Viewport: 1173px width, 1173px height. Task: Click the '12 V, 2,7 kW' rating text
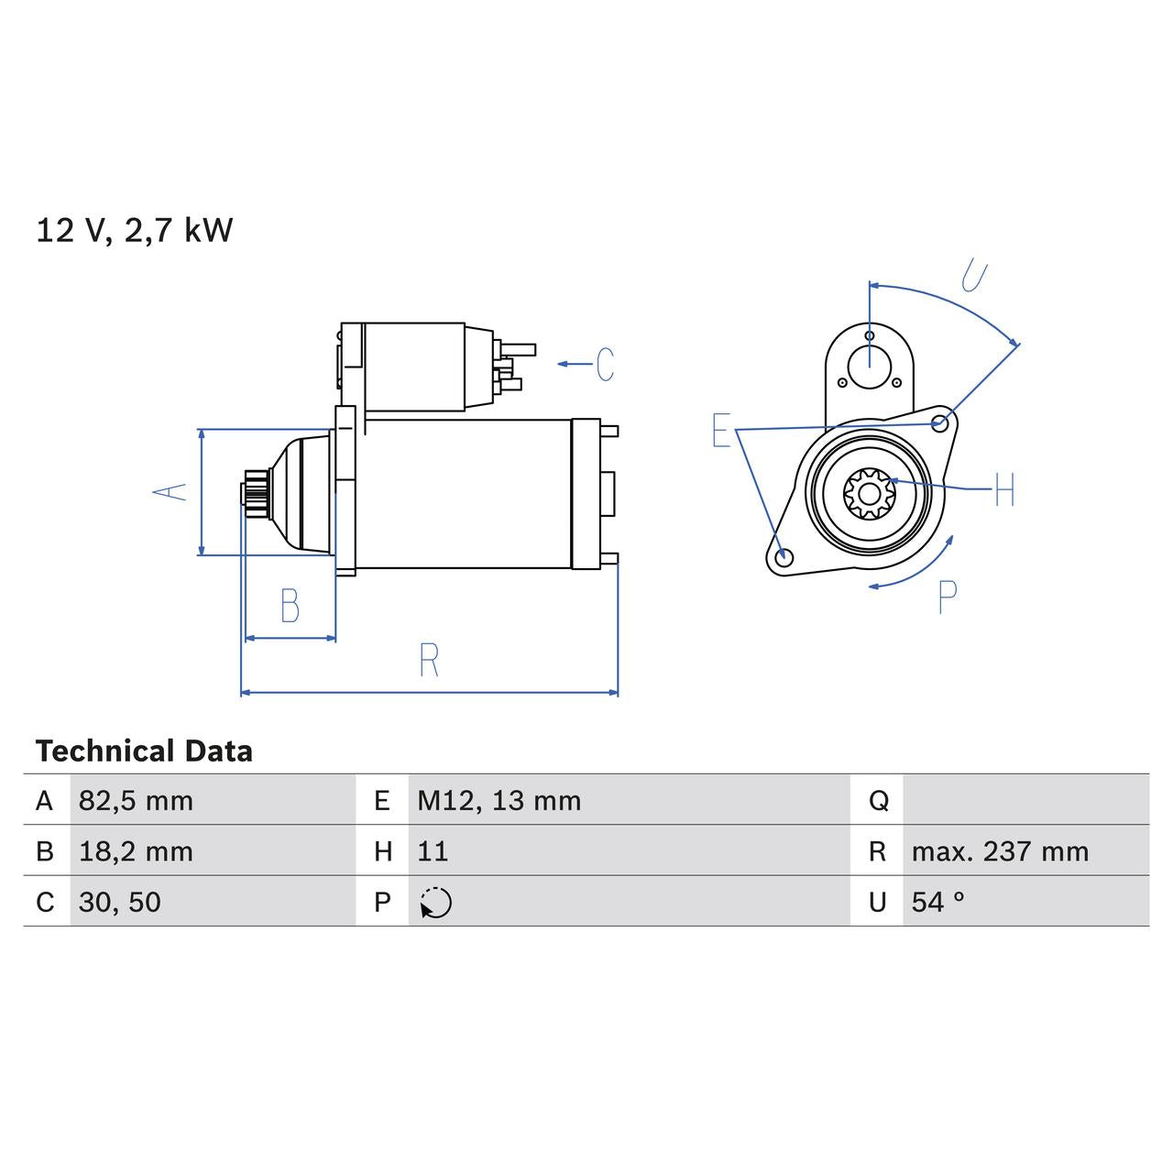pyautogui.click(x=135, y=230)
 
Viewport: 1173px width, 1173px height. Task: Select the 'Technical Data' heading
pyautogui.click(x=144, y=751)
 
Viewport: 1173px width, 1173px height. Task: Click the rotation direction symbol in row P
pyautogui.click(x=436, y=903)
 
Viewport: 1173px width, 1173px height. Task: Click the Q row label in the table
pyautogui.click(x=877, y=801)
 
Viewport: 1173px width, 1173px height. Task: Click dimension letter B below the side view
pyautogui.click(x=290, y=606)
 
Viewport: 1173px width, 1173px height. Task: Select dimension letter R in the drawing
pyautogui.click(x=429, y=660)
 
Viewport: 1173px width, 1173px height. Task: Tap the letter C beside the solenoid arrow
pyautogui.click(x=605, y=364)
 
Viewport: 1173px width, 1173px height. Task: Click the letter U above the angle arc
pyautogui.click(x=975, y=276)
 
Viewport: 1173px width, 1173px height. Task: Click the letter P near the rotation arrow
pyautogui.click(x=948, y=597)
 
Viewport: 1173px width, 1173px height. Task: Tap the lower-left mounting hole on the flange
pyautogui.click(x=783, y=557)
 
